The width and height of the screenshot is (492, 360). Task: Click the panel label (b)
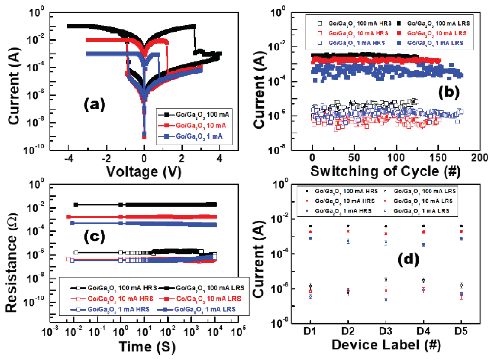449,92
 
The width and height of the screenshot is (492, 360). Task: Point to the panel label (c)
94,236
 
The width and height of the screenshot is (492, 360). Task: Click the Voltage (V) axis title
144,172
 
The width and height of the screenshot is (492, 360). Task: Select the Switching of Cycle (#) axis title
385,171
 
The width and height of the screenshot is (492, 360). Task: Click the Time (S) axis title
147,347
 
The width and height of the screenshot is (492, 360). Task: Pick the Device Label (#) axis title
386,345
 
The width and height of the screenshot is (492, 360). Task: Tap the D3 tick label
385,331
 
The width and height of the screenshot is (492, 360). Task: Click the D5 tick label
461,331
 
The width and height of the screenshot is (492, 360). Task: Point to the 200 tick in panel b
479,158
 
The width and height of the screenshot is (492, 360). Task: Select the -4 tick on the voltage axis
69,158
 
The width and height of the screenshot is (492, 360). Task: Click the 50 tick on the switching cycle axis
354,158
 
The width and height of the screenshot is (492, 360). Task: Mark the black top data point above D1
310,226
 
